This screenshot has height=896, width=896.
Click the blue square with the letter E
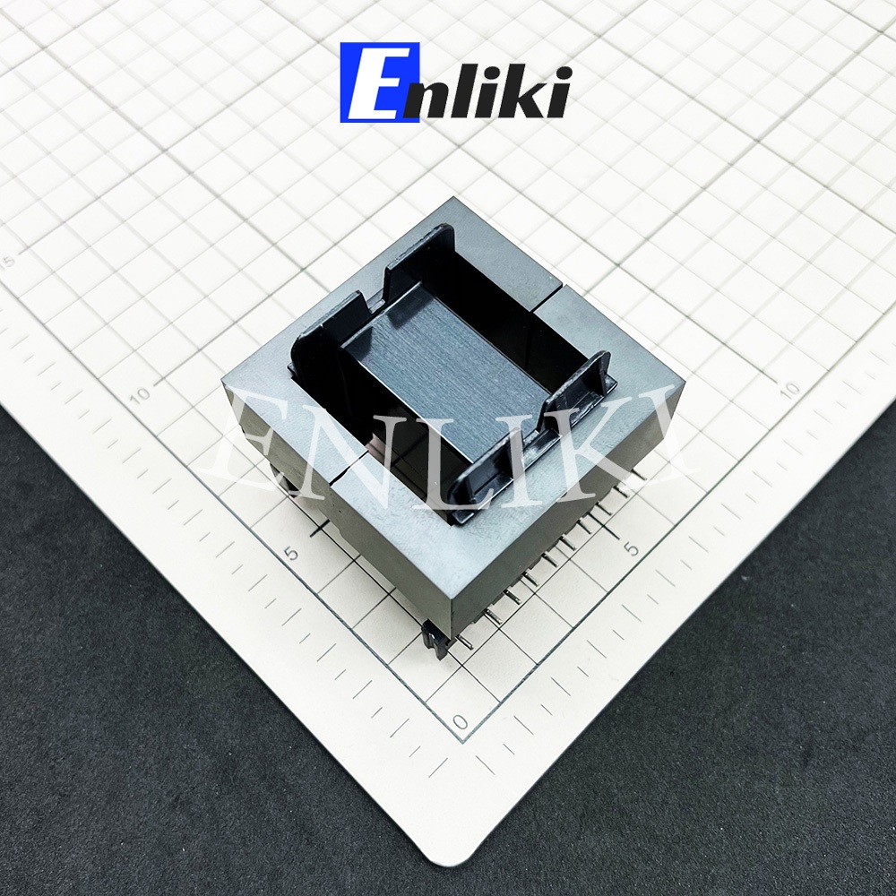(380, 82)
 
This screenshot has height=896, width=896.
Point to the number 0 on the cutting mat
(461, 721)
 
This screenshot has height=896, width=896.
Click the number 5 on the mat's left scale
(293, 554)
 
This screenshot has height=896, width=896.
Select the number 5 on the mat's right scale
(632, 549)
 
